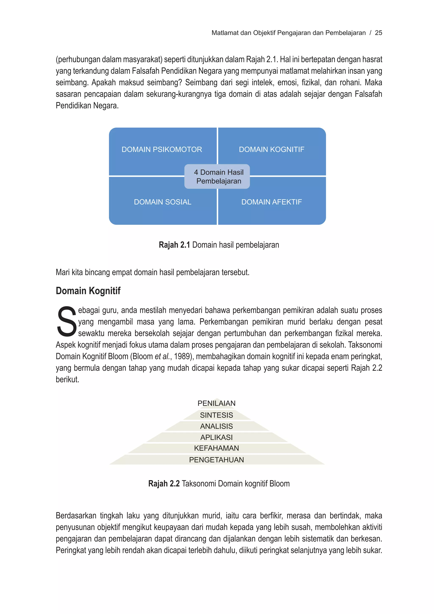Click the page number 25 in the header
tap(378, 33)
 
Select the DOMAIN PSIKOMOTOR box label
tap(162, 149)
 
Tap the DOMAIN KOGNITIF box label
tap(271, 149)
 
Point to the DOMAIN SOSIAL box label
tap(163, 202)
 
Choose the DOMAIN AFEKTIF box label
tap(271, 202)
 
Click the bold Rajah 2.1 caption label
tap(174, 245)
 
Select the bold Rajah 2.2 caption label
tap(164, 483)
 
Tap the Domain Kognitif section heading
tap(88, 291)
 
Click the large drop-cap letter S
tap(66, 322)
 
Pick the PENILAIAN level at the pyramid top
tap(216, 403)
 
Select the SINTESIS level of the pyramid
tap(216, 415)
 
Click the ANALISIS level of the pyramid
tap(216, 426)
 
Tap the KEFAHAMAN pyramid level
tap(216, 448)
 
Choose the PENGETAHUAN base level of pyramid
tap(216, 460)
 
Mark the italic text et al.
tap(162, 356)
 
